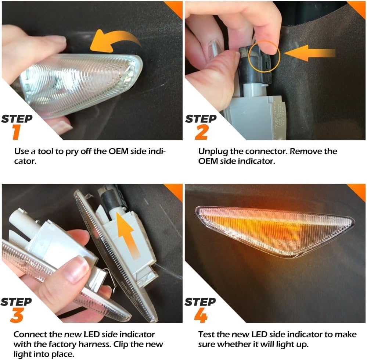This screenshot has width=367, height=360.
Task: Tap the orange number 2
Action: [201, 132]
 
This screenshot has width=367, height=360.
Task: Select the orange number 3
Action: [17, 315]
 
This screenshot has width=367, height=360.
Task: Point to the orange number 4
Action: [201, 315]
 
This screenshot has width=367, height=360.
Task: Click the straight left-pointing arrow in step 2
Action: [309, 53]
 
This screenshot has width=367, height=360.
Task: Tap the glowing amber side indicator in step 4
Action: [275, 231]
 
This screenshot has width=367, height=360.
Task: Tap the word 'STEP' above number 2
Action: [201, 119]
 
